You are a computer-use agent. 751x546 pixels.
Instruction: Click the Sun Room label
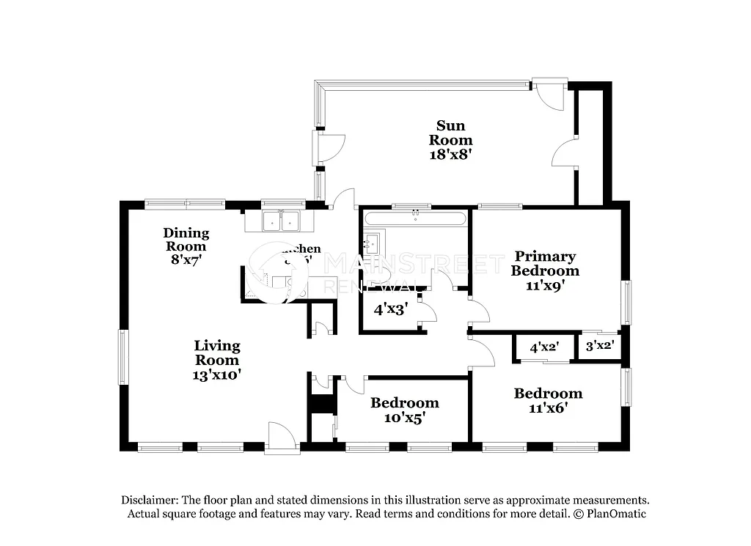[x=450, y=133]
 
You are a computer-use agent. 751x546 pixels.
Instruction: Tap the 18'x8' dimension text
[x=450, y=155]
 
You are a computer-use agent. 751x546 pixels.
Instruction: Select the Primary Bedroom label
[x=546, y=263]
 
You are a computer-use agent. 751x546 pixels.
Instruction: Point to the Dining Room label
[x=186, y=240]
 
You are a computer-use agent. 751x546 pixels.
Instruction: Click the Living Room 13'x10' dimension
[x=217, y=375]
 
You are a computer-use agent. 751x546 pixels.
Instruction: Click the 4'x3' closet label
[x=390, y=309]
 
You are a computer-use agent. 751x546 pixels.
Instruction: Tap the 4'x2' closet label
[x=545, y=348]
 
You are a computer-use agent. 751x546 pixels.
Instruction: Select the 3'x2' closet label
[x=598, y=344]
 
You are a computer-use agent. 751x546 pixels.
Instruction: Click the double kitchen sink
[x=282, y=220]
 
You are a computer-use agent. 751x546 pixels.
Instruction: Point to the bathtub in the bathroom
[x=415, y=218]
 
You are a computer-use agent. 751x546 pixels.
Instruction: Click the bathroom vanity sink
[x=372, y=243]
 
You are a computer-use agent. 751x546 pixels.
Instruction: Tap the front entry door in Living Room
[x=282, y=438]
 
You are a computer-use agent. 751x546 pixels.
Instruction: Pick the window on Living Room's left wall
[x=123, y=357]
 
